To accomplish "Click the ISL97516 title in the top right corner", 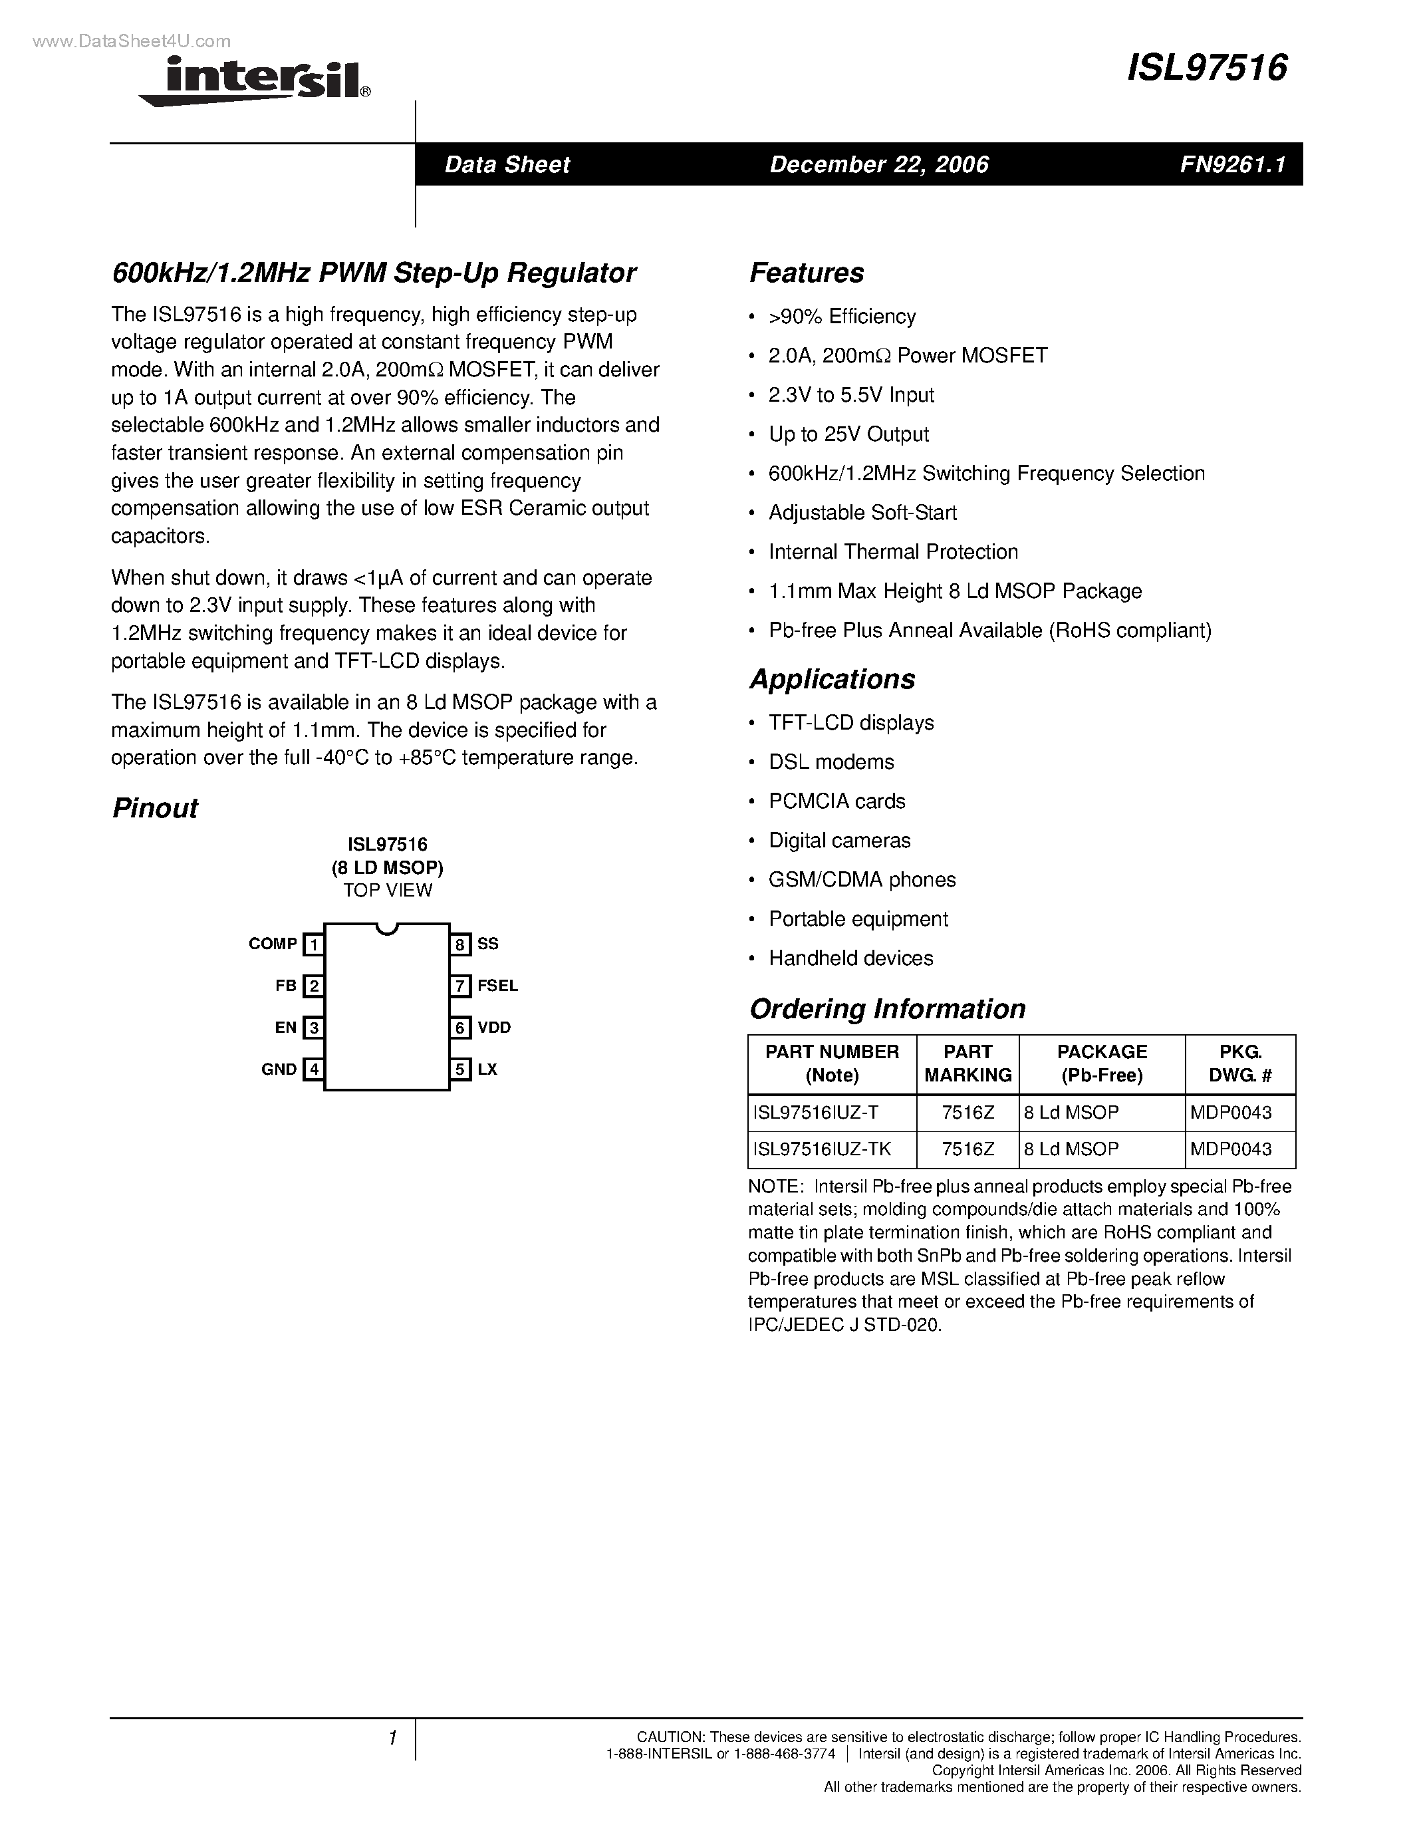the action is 1206,68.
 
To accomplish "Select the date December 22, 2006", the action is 879,164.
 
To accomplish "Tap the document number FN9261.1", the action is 1232,164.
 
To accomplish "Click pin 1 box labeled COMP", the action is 313,944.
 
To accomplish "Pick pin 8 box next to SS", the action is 460,944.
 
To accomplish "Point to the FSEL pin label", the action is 497,986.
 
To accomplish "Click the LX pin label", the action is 487,1069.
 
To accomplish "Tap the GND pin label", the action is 279,1069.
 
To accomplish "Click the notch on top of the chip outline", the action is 387,928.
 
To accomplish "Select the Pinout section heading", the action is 155,808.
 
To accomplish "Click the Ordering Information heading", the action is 887,1009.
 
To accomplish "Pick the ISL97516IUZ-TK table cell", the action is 822,1150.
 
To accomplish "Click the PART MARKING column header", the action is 967,1063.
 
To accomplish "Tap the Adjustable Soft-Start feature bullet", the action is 862,513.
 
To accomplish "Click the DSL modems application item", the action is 831,762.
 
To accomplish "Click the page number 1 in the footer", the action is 392,1739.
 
